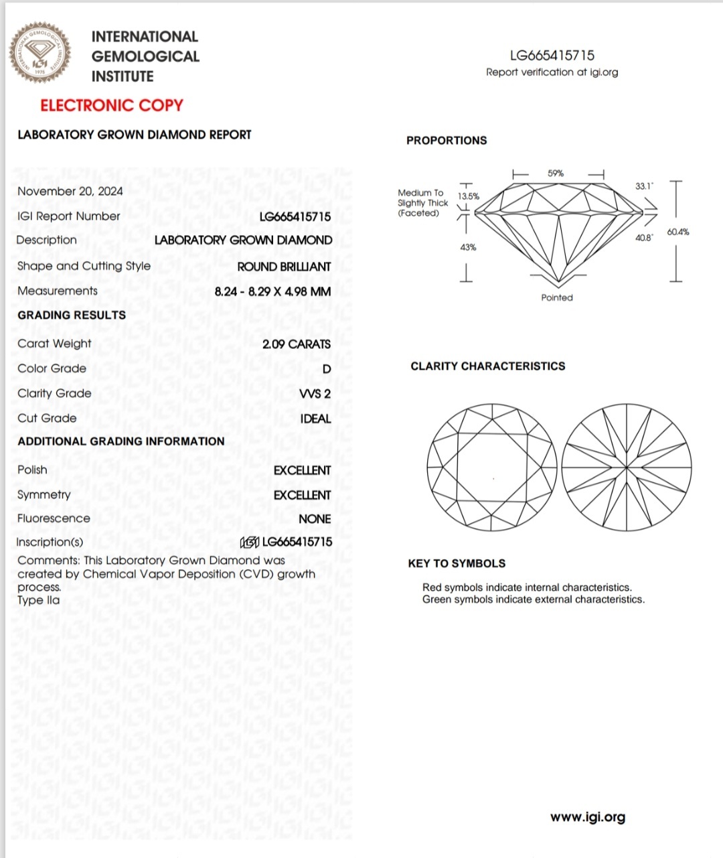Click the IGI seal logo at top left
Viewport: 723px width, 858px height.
click(x=39, y=53)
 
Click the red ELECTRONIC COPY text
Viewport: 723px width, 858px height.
click(x=111, y=105)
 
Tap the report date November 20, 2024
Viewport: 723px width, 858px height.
click(x=70, y=192)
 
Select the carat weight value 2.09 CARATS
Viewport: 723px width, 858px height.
click(x=296, y=344)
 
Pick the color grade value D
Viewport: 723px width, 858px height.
click(x=327, y=369)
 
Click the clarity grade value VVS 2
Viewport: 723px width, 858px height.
click(x=315, y=394)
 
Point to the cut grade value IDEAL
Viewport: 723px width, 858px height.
click(x=315, y=419)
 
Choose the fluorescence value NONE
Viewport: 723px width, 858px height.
click(x=315, y=519)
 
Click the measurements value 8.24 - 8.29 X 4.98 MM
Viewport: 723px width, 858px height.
click(x=272, y=291)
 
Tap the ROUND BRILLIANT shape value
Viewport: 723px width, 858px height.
click(x=284, y=267)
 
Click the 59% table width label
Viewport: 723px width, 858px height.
click(x=556, y=173)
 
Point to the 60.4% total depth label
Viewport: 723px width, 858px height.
click(x=677, y=232)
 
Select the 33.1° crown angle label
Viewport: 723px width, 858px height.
click(x=643, y=186)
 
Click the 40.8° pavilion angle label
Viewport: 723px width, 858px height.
click(x=643, y=238)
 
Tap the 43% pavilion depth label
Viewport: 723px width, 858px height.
click(x=468, y=247)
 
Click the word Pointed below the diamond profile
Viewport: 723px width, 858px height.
click(x=557, y=297)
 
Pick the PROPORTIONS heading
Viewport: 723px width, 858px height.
click(x=447, y=141)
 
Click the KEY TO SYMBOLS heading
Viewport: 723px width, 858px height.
click(x=457, y=563)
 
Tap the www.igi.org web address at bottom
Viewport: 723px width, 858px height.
click(x=588, y=817)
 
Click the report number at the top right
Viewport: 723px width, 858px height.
click(x=552, y=56)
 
